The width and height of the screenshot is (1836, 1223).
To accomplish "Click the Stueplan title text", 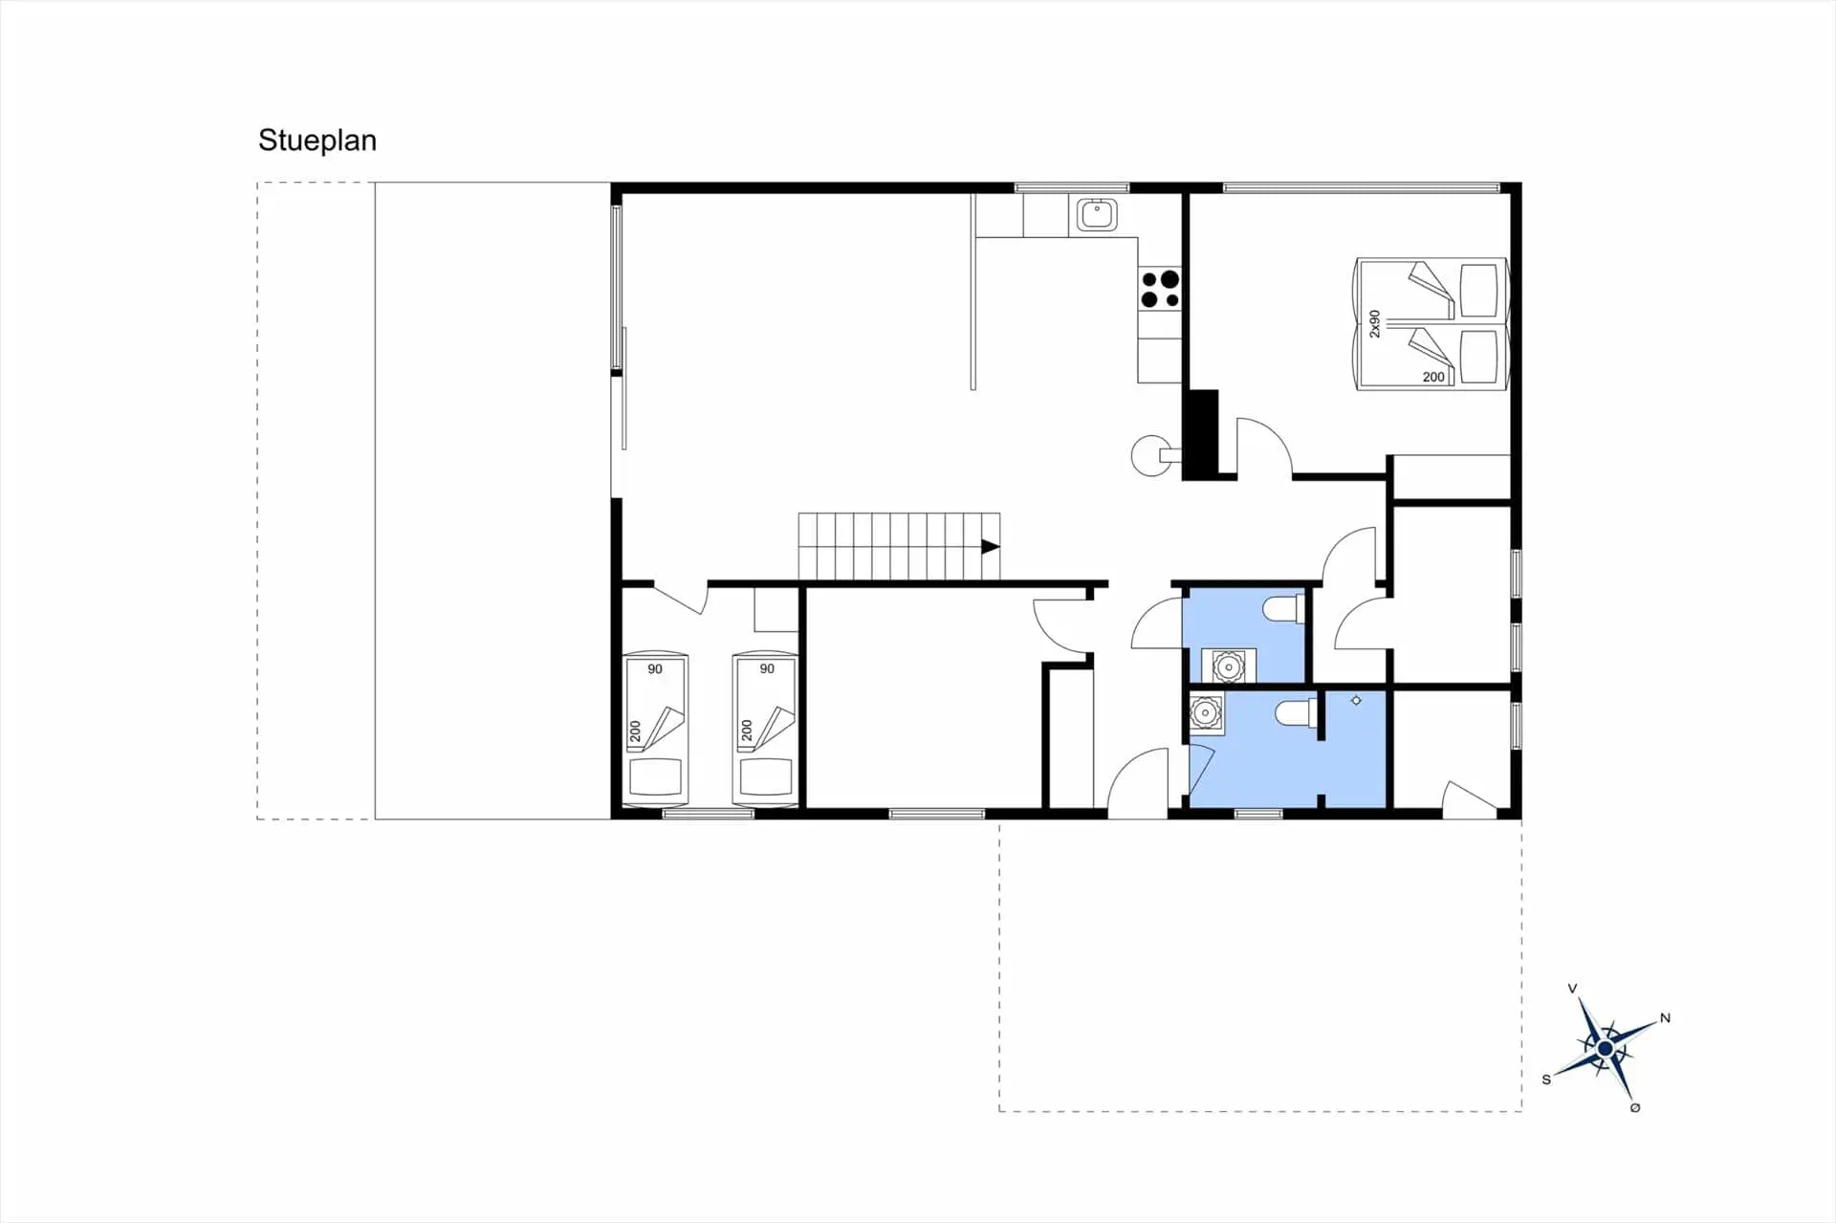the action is [317, 141].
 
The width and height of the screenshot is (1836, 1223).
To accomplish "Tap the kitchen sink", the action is [1097, 214].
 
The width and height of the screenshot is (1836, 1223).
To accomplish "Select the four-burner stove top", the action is [1160, 289].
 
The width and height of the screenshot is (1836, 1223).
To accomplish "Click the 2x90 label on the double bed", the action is [1374, 323].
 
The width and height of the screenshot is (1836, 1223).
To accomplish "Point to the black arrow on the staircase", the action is [991, 547].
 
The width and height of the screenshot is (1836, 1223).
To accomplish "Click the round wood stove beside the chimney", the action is [1150, 455].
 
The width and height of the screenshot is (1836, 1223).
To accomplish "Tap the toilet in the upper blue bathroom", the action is [1282, 608].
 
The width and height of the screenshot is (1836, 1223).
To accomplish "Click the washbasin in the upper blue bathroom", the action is [1228, 666].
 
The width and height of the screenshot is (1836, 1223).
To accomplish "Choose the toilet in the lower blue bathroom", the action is [1296, 713].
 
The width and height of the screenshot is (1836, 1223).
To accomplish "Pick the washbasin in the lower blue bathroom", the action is [1206, 713].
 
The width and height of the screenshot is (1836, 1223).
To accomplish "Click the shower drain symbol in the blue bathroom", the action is [1356, 701].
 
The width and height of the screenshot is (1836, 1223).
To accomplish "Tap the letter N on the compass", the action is [1665, 1018].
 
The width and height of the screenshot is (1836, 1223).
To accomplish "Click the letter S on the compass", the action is [1546, 1080].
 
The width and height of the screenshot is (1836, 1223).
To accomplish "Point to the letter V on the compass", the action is [1572, 989].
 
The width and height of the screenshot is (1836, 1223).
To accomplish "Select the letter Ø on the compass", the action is [1635, 1107].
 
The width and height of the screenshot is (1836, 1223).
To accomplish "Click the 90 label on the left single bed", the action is [655, 669].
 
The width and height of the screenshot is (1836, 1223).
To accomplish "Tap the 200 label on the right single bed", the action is [747, 731].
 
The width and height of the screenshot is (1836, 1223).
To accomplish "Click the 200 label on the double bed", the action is [1433, 377].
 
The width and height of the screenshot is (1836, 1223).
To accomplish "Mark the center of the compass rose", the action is [1606, 1049].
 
